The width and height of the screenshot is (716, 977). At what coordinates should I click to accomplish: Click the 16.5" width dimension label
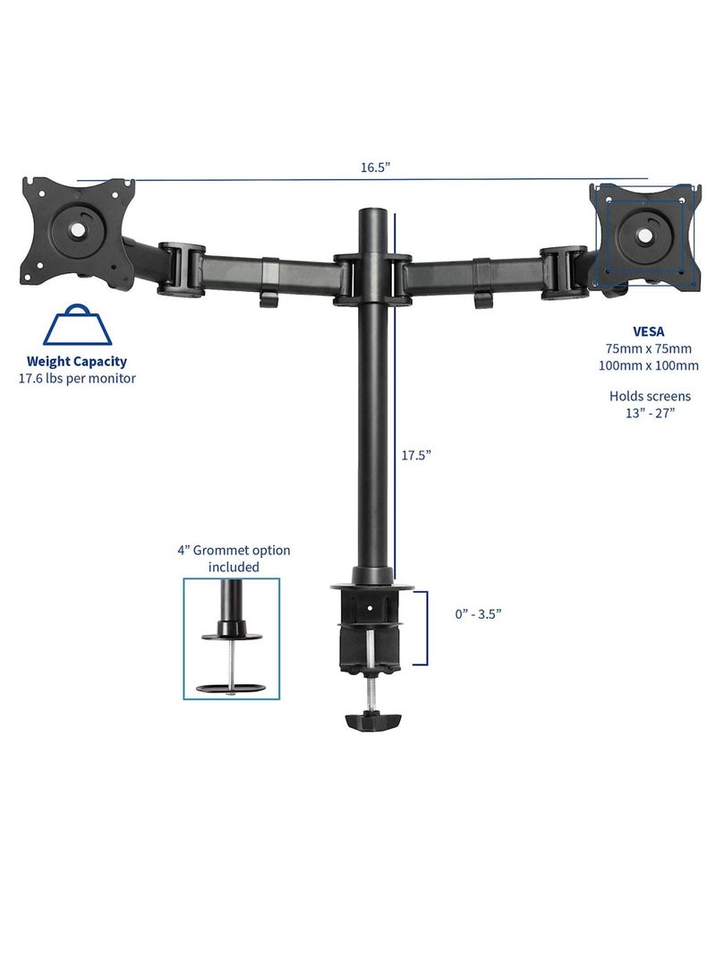376,167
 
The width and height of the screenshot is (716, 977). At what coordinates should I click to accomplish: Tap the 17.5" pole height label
416,455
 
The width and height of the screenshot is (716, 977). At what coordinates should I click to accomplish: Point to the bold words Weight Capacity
76,362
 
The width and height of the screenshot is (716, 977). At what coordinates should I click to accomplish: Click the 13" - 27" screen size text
650,412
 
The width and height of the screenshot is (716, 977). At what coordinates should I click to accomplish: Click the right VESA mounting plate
644,233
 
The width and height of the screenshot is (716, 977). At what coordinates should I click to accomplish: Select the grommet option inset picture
232,638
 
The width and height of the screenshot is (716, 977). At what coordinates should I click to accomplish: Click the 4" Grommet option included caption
233,559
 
